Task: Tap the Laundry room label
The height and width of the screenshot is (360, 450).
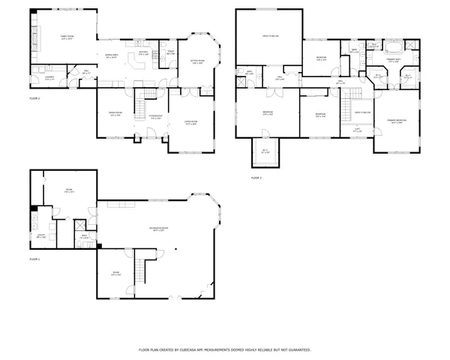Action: [48, 79]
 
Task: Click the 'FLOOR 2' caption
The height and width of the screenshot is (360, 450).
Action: [34, 98]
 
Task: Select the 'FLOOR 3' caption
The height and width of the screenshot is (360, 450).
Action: [256, 178]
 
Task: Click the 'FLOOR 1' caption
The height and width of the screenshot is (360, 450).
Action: [34, 259]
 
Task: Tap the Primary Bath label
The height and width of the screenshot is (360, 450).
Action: [394, 59]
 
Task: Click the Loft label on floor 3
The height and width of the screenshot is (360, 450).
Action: [356, 130]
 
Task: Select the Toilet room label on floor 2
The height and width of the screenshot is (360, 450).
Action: [169, 54]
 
